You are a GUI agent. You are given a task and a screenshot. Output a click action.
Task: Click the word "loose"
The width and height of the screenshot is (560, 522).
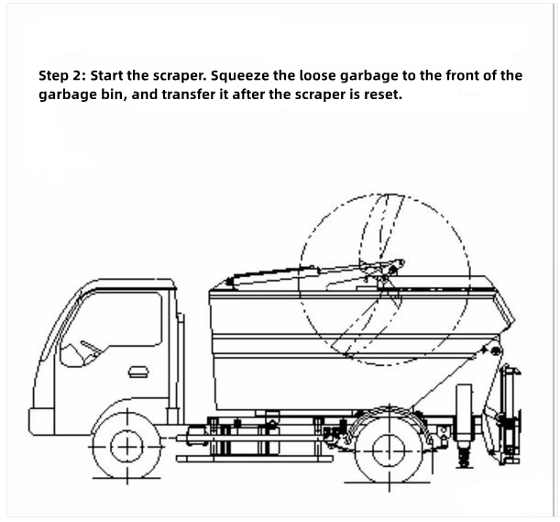pyautogui.click(x=346, y=76)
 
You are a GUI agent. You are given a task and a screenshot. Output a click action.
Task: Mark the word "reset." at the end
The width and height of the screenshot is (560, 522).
pyautogui.click(x=381, y=95)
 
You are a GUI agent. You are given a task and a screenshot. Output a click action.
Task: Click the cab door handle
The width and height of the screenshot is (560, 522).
pyautogui.click(x=137, y=371)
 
